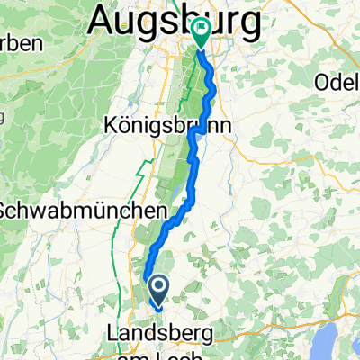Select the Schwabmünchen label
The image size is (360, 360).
point(81,210)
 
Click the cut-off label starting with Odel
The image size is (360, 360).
point(337,82)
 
